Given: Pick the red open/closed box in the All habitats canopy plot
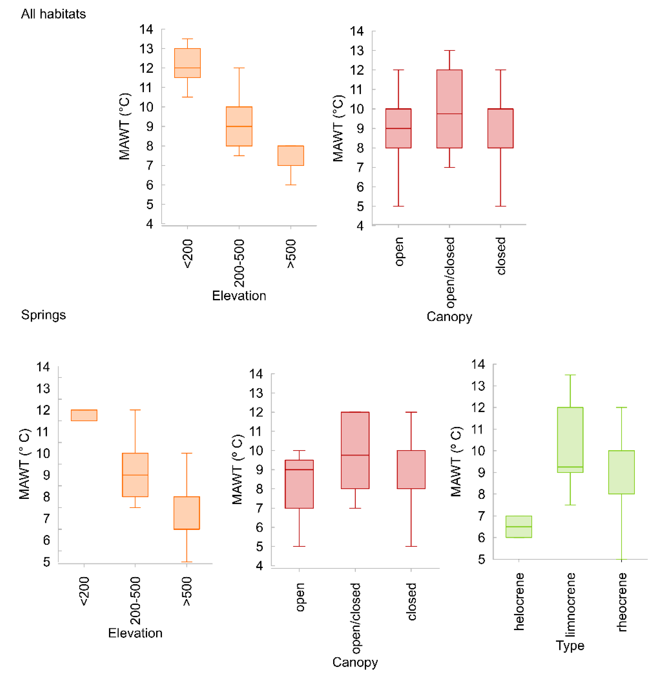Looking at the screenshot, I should (449, 109).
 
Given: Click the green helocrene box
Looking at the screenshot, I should (519, 526).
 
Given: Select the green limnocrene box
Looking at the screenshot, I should (570, 440).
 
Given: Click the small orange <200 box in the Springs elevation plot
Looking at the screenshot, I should (84, 415).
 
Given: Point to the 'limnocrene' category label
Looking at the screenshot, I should (570, 604).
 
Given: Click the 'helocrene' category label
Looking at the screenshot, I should (519, 601).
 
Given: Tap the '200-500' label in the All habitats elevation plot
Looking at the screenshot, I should (239, 263).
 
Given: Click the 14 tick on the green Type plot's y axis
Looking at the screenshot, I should (478, 364).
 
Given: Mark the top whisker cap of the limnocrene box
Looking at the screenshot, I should (570, 375).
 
